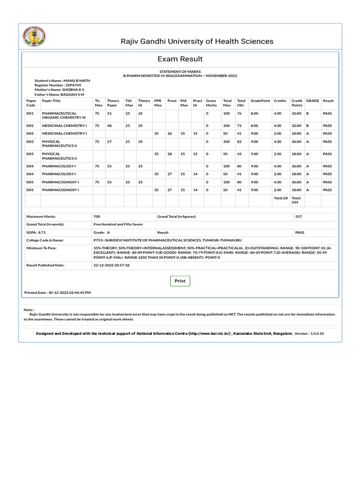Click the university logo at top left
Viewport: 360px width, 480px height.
click(x=35, y=36)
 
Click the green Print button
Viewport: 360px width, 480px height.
click(x=180, y=281)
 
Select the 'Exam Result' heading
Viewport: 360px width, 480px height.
click(x=180, y=59)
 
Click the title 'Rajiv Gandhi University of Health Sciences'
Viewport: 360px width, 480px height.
click(x=197, y=41)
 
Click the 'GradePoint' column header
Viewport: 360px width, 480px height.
click(x=260, y=101)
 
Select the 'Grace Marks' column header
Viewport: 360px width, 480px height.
click(x=211, y=103)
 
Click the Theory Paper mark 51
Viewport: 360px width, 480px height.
click(x=110, y=113)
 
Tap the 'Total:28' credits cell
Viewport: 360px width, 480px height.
click(x=281, y=198)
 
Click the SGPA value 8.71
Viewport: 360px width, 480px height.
click(x=42, y=232)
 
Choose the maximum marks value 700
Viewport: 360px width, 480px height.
click(x=97, y=217)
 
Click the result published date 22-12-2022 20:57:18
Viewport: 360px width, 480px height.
click(x=112, y=265)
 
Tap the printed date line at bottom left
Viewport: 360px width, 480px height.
click(x=57, y=292)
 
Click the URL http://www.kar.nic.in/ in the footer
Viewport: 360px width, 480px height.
click(x=210, y=333)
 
